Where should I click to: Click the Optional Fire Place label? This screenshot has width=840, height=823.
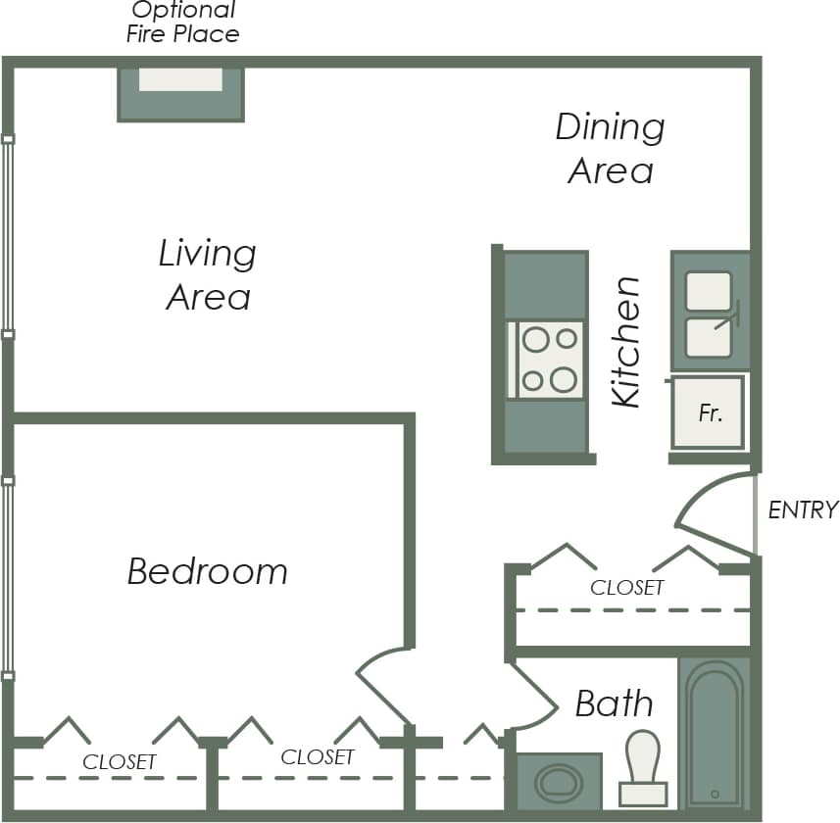[183, 23]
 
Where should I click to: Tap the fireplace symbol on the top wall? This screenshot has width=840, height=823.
[180, 93]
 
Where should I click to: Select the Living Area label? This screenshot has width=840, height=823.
[208, 275]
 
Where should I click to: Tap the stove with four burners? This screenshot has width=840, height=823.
[548, 360]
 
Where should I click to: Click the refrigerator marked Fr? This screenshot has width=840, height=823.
[709, 412]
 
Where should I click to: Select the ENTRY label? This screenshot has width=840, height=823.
[803, 510]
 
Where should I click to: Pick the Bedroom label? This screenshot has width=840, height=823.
[208, 571]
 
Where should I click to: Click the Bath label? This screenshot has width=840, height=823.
[614, 703]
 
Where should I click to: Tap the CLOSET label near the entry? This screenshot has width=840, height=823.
[627, 588]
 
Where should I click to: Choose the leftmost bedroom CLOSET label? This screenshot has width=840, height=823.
[120, 762]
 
